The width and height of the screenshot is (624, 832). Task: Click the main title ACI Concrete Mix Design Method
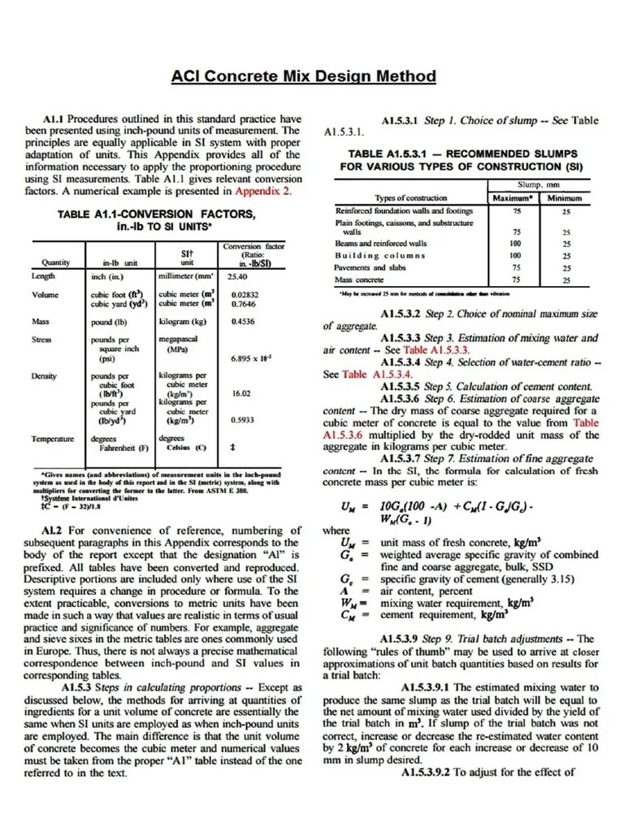303,76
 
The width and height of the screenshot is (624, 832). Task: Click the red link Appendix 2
262,192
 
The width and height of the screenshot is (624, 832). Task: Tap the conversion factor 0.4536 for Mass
243,322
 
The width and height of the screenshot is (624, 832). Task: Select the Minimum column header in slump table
565,197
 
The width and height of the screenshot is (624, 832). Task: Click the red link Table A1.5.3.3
404,350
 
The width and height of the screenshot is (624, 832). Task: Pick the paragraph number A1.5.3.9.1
433,687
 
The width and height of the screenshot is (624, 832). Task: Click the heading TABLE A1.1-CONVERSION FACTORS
158,214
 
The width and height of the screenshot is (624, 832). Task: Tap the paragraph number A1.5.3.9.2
433,772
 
